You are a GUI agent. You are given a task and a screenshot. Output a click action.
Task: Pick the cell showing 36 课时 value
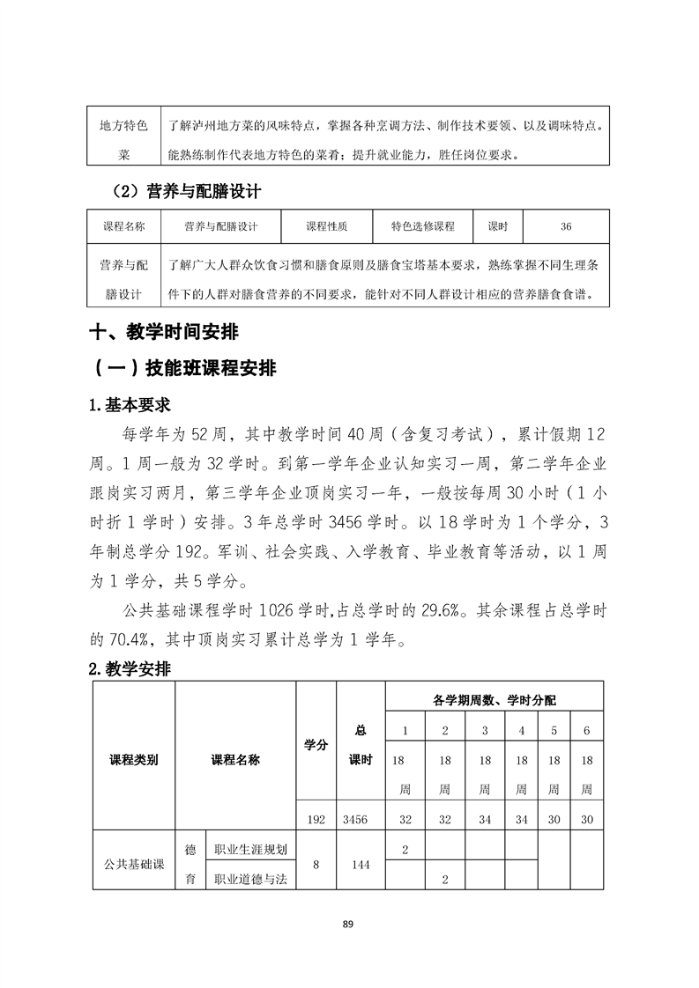[565, 226]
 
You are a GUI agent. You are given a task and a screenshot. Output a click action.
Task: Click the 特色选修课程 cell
[423, 226]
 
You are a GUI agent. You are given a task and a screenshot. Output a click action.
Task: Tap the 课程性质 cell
[326, 226]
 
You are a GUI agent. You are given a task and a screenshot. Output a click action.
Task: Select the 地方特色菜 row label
[124, 140]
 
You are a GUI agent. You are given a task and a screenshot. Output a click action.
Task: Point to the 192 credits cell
[316, 819]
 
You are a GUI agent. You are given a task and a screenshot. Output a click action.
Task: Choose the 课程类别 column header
[133, 759]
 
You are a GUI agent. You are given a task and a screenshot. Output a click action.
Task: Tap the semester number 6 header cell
[586, 730]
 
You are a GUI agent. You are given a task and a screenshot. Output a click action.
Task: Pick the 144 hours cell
[361, 864]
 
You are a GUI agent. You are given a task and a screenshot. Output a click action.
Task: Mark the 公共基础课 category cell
[133, 864]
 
